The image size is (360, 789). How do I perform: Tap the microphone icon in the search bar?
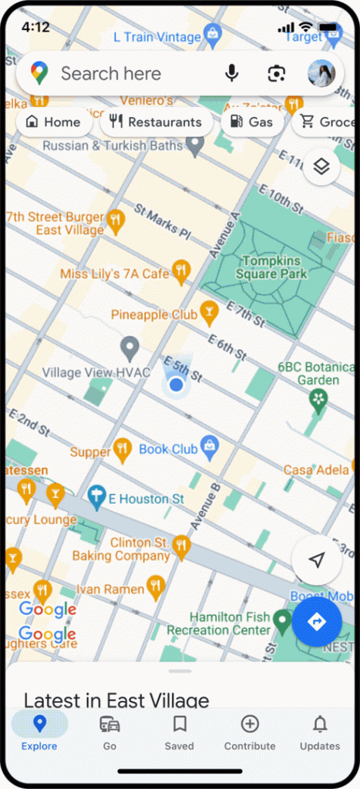(231, 73)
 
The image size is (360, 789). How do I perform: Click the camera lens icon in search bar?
(276, 73)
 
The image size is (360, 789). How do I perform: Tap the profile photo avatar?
(321, 73)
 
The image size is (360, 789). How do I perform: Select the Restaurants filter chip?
(156, 122)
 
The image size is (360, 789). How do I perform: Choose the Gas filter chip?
(252, 122)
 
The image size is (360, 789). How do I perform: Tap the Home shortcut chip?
(53, 122)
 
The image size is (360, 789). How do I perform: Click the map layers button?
(321, 167)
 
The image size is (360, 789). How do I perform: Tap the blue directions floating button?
(316, 622)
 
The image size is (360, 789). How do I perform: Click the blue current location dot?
(176, 384)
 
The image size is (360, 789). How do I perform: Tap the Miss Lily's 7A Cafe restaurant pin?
(180, 270)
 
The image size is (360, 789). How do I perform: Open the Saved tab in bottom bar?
(180, 733)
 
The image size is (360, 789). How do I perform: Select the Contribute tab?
(249, 733)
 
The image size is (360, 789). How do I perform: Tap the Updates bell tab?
(320, 733)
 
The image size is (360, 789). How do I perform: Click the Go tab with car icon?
(109, 733)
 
